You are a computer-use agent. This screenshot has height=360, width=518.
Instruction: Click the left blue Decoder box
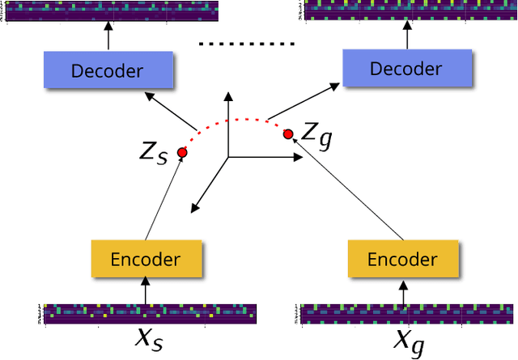pyautogui.click(x=107, y=70)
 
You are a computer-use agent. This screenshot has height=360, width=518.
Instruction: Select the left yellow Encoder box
pyautogui.click(x=146, y=259)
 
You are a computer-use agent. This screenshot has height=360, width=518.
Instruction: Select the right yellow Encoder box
pyautogui.click(x=402, y=259)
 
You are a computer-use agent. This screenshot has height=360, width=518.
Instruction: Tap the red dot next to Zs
pyautogui.click(x=182, y=152)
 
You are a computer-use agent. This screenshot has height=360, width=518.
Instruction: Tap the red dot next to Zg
pyautogui.click(x=288, y=134)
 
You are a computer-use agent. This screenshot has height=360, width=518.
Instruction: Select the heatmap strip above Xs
pyautogui.click(x=151, y=313)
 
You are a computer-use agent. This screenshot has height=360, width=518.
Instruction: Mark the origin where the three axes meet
pyautogui.click(x=229, y=156)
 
